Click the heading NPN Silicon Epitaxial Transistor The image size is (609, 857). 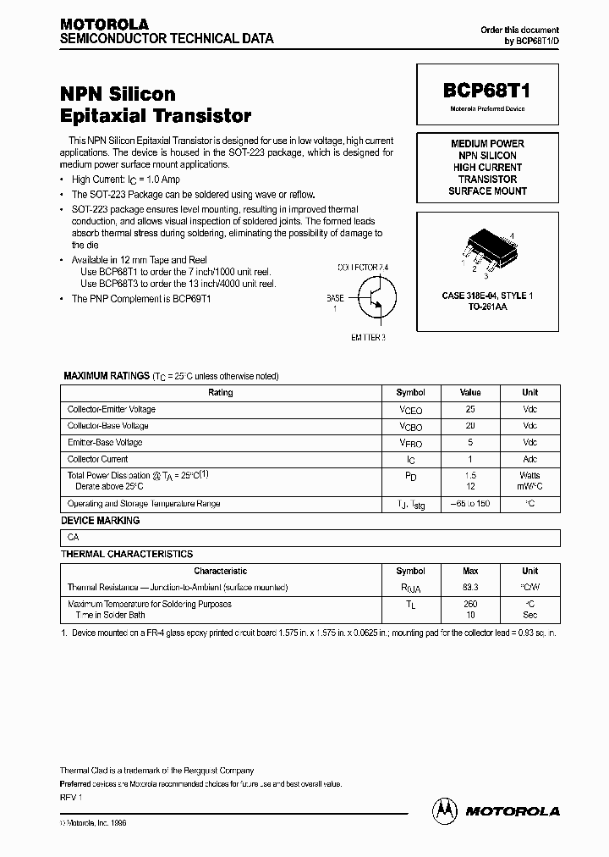(156, 104)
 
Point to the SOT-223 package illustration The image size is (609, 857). (487, 248)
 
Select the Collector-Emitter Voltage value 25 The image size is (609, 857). (470, 409)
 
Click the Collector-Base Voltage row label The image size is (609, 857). (108, 426)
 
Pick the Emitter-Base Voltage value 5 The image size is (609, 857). (470, 442)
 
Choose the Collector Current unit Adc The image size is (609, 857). (529, 459)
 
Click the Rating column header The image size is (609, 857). (220, 393)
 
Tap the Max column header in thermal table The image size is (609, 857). (470, 571)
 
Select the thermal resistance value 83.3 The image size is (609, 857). (470, 587)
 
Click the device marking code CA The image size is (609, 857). (74, 538)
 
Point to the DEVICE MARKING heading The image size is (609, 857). (101, 521)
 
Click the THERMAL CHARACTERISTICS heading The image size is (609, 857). (127, 554)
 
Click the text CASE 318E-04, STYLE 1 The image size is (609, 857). (487, 296)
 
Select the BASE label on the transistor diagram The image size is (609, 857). (336, 298)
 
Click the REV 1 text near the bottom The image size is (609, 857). (70, 797)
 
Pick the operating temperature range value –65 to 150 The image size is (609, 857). (470, 504)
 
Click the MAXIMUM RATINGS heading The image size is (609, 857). (105, 375)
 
